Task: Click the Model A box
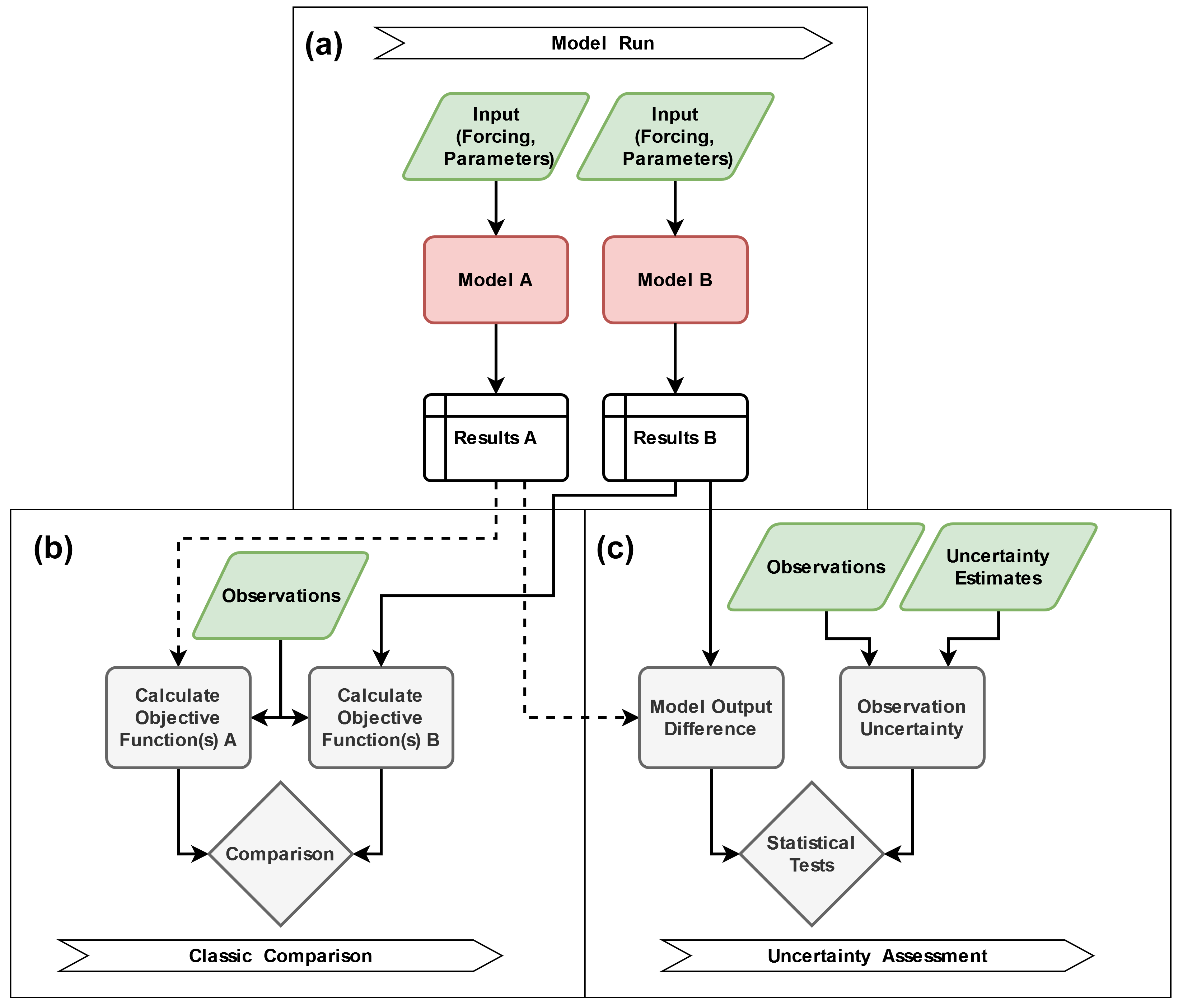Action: tap(495, 280)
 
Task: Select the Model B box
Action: tap(675, 280)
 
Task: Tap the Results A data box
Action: tap(495, 437)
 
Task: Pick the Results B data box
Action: tap(675, 437)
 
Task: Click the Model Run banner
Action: tap(602, 43)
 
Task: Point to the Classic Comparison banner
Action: tap(280, 955)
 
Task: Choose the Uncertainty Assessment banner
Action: tap(876, 955)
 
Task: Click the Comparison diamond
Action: tap(280, 854)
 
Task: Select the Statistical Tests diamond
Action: tap(811, 854)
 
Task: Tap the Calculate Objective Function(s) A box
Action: tap(178, 717)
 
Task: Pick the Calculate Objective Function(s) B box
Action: tap(381, 717)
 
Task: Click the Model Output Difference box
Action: tap(711, 717)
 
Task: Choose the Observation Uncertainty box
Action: tap(912, 717)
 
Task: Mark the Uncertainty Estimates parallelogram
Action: tap(998, 567)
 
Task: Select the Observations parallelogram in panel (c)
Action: tap(826, 567)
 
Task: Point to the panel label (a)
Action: tap(324, 44)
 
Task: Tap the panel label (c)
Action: tap(615, 549)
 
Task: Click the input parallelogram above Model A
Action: tap(496, 136)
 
